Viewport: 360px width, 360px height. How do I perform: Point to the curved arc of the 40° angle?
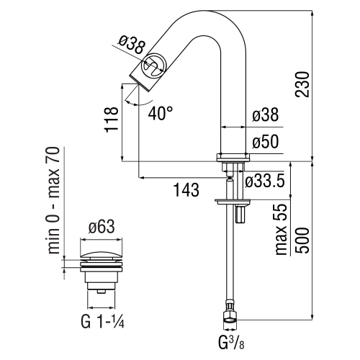(x=132, y=102)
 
